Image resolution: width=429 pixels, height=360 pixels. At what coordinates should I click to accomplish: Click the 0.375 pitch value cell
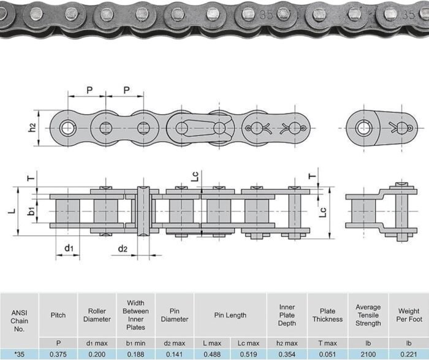[58, 354]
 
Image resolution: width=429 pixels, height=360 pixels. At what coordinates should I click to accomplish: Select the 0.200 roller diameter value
[97, 354]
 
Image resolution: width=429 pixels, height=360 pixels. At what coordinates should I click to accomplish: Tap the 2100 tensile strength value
[368, 354]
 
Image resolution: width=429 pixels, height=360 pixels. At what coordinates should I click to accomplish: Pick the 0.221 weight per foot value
[409, 354]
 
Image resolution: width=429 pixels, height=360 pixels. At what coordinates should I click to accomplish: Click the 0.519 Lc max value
[248, 354]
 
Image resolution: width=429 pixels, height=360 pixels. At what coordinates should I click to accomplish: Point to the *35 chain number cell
[19, 354]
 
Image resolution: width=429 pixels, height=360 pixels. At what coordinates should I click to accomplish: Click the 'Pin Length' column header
[230, 315]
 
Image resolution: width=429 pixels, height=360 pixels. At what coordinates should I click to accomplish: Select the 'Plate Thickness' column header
[327, 315]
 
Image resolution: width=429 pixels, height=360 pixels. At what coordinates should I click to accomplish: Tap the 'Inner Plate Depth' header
[287, 315]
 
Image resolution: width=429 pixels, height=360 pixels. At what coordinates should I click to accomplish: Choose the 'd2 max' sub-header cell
[175, 343]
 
